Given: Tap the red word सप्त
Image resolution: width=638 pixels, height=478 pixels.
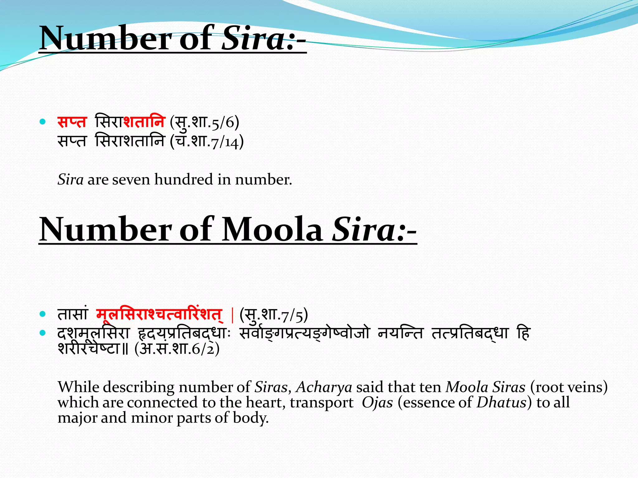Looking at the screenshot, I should pos(72,122).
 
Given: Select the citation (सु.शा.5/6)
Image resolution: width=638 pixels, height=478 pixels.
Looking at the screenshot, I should pos(204,122).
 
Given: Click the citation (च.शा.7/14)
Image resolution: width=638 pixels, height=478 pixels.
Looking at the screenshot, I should pos(207,142).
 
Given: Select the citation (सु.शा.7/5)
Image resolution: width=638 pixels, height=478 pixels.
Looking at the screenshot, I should pos(274,315).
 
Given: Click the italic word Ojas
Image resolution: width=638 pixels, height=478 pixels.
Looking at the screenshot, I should pos(377,403).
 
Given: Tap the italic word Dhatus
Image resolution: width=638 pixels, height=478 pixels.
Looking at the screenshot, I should pos(501,403).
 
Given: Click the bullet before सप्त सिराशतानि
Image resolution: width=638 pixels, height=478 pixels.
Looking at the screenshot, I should pos(43,122).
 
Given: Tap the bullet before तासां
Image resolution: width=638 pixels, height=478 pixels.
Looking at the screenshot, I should pos(43,314).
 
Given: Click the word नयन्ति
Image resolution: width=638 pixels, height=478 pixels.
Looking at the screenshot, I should pos(401,334).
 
